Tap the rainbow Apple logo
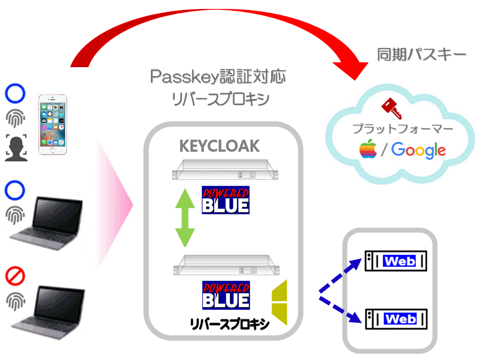coord(368,149)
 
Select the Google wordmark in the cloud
coord(419,150)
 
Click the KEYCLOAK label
coord(220,146)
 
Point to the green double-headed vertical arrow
coord(185,218)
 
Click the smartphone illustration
coord(52,124)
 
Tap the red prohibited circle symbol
coord(15,276)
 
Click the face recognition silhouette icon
coord(16,148)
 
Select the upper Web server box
coord(396,261)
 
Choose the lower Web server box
coord(396,319)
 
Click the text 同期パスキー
coord(422,55)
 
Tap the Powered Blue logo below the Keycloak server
coord(225,200)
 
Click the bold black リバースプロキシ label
coord(229,324)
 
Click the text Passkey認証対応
coord(218,77)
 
